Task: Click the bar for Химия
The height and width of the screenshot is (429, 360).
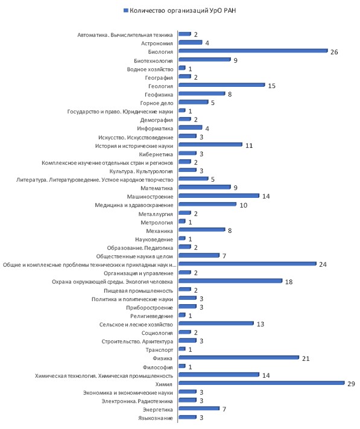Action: (261, 383)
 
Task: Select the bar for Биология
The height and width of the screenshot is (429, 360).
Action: (253, 51)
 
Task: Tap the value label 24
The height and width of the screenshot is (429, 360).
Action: (323, 264)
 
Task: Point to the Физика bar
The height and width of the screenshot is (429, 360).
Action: (239, 358)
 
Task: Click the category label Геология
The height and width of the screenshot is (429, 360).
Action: (161, 86)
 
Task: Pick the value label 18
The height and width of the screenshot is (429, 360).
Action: (289, 282)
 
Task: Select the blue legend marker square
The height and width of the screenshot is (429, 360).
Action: (126, 10)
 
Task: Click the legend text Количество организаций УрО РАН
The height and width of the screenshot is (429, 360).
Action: (183, 10)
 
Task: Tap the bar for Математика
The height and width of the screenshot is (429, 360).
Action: (204, 187)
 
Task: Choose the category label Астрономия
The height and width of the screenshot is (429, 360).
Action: (157, 43)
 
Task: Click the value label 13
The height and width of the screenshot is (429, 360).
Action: (261, 324)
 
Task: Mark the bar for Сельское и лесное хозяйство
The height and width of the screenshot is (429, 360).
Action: (216, 323)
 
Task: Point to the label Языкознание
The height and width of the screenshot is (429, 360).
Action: (156, 418)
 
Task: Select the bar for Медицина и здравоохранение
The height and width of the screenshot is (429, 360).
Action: (207, 204)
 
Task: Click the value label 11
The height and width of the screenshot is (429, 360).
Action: (249, 145)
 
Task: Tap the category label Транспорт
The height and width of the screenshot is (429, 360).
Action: (159, 350)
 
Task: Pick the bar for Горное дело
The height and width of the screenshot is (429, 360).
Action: (193, 102)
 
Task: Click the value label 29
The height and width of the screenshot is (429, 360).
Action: (351, 384)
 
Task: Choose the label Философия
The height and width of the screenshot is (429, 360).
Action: (158, 367)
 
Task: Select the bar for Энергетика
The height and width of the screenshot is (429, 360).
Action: (199, 408)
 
